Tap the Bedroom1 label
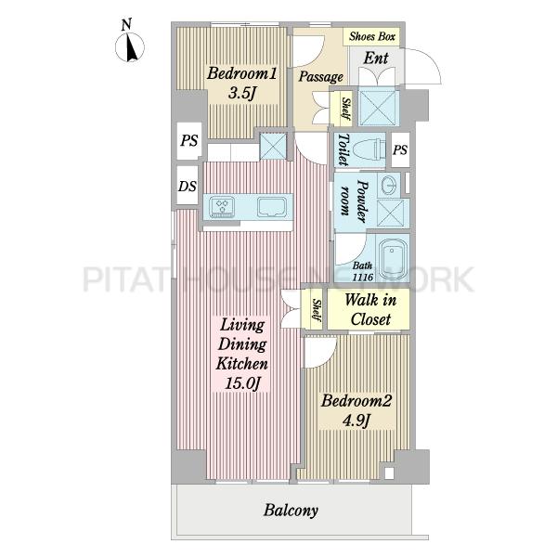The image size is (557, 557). [x=241, y=73]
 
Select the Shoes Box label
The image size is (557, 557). [x=372, y=36]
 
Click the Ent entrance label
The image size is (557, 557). [x=376, y=58]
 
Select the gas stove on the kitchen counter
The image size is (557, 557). [x=222, y=206]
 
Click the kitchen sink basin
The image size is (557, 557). [x=272, y=207]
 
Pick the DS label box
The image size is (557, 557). [x=188, y=186]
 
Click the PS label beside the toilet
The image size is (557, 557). [x=400, y=149]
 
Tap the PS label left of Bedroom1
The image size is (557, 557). [x=189, y=140]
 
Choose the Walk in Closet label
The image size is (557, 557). [x=370, y=309]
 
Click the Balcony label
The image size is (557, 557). [x=291, y=510]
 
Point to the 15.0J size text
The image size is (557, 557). [x=242, y=382]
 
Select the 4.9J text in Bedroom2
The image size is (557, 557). [x=356, y=421]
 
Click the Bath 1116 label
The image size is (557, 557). [x=362, y=271]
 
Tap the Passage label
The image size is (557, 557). [x=320, y=77]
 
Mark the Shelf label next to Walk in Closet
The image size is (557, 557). [x=316, y=309]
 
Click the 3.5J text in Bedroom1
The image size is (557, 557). [x=241, y=93]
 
